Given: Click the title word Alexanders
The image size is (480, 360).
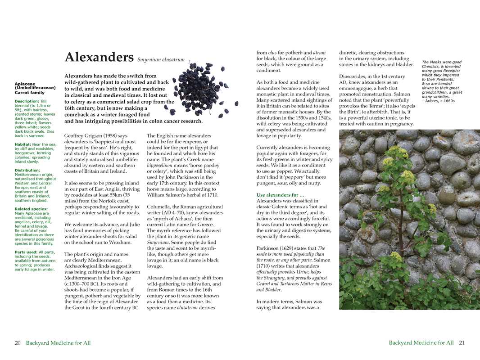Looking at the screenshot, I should [x=99, y=57].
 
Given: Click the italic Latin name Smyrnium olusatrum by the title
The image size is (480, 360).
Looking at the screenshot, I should [x=161, y=59].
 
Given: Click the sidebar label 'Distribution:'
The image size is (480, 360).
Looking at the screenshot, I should [x=27, y=170].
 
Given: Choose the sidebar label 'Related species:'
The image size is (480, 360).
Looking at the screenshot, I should [x=31, y=209].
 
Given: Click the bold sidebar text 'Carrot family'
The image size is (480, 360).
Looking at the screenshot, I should [x=30, y=93].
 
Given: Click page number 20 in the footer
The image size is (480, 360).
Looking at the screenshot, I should [x=18, y=343].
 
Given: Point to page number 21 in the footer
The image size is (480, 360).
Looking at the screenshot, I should [x=462, y=343].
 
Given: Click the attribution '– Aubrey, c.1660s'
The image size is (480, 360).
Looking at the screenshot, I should [x=438, y=101].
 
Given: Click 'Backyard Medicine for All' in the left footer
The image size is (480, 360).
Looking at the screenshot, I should [x=58, y=343].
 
